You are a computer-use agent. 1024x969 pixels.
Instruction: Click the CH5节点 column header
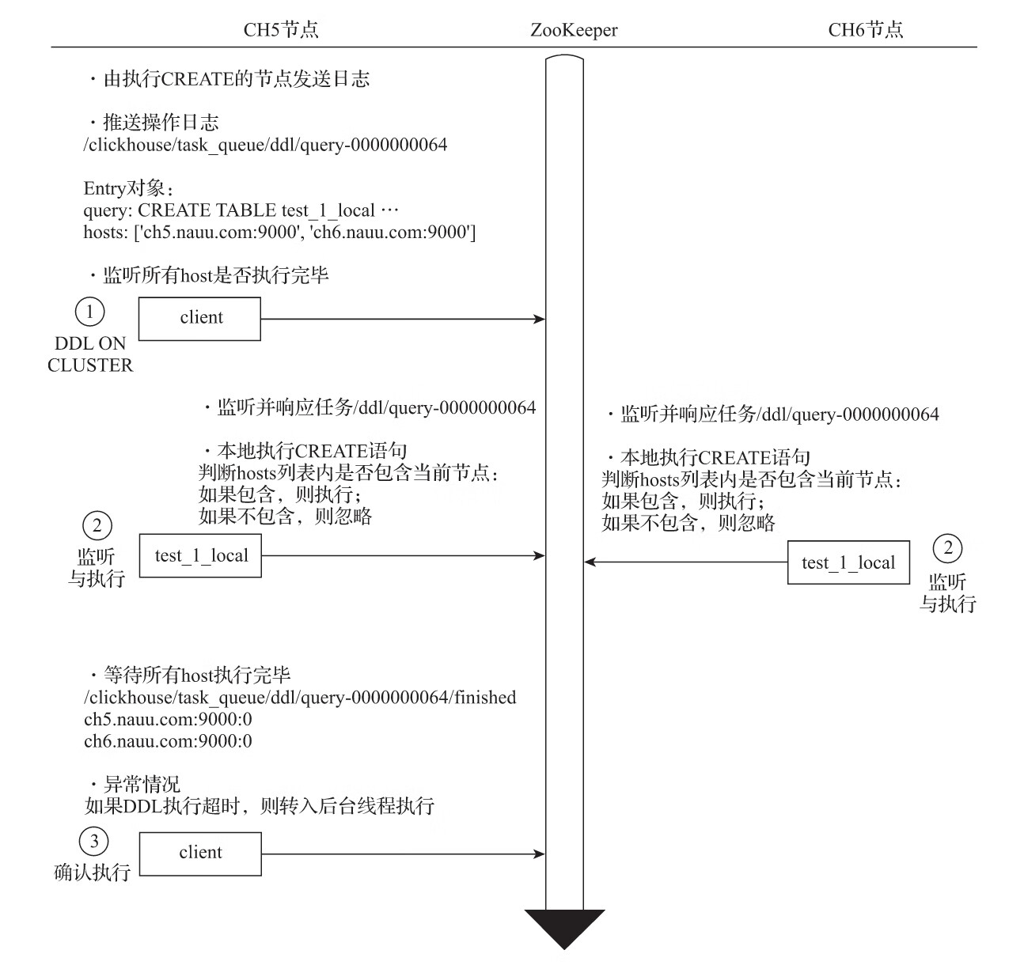[x=280, y=30]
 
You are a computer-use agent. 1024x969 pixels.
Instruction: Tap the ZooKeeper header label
[x=574, y=31]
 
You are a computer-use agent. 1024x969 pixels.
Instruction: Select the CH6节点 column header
[x=865, y=30]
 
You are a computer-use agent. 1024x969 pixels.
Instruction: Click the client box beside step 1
[x=199, y=319]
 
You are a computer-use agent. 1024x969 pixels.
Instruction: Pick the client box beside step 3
[x=200, y=854]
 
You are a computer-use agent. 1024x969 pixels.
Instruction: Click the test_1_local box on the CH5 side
[x=201, y=556]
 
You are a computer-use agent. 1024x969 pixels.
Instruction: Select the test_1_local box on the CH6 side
[x=848, y=562]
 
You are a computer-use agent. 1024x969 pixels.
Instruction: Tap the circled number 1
[x=89, y=312]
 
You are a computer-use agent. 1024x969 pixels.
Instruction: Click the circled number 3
[x=94, y=841]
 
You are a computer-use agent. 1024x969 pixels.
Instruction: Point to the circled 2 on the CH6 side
[x=947, y=547]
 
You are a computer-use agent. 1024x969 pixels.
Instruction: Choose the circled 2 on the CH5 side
[x=97, y=525]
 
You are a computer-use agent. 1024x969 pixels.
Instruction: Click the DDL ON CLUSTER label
[x=90, y=354]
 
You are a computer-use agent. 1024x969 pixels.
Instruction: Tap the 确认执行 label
[x=92, y=872]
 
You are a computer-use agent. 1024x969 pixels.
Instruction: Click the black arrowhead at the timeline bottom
[x=564, y=927]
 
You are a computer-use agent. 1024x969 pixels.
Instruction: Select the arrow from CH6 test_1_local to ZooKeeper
[x=685, y=562]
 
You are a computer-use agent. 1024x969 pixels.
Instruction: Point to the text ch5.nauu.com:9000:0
[x=168, y=720]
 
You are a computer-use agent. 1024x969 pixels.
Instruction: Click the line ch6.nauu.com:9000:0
[x=168, y=741]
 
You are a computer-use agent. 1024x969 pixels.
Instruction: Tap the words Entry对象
[x=128, y=188]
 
